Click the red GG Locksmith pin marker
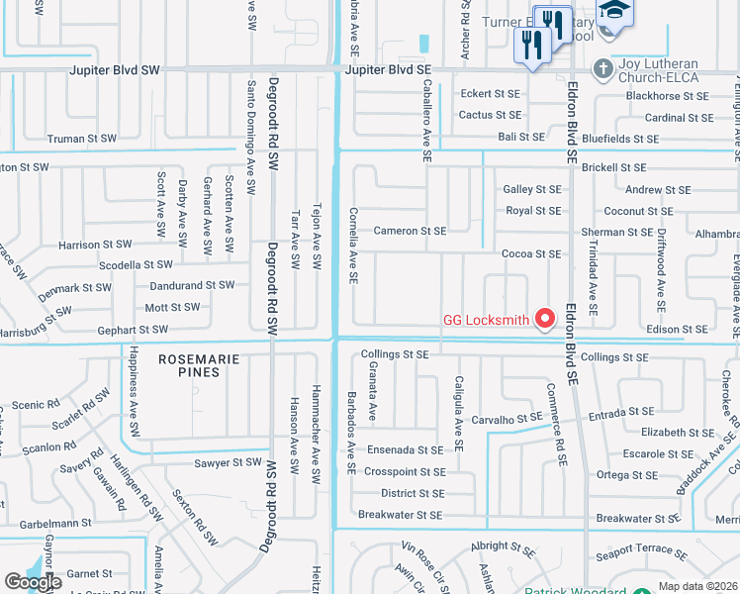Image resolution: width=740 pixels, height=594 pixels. [x=544, y=318]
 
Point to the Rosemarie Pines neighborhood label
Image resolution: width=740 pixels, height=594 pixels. [x=199, y=359]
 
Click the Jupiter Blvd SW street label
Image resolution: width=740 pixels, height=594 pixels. [x=114, y=70]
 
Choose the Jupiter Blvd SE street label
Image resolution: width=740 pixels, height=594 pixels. [x=392, y=70]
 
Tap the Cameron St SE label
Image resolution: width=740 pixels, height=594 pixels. [x=410, y=231]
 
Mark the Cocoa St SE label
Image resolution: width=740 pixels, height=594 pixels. [x=531, y=253]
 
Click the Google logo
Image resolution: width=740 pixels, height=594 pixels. [x=33, y=582]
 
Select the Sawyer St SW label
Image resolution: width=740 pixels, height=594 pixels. [x=228, y=462]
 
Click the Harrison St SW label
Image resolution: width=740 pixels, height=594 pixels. [x=95, y=245]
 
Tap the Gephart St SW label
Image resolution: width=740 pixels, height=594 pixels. [x=133, y=329]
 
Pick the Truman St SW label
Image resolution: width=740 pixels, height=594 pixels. [x=81, y=139]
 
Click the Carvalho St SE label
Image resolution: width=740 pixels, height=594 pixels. [x=506, y=419]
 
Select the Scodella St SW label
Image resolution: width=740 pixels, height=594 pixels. [x=135, y=264]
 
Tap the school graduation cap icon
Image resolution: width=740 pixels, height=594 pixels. [x=616, y=10]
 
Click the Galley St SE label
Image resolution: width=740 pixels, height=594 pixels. [x=532, y=189]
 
